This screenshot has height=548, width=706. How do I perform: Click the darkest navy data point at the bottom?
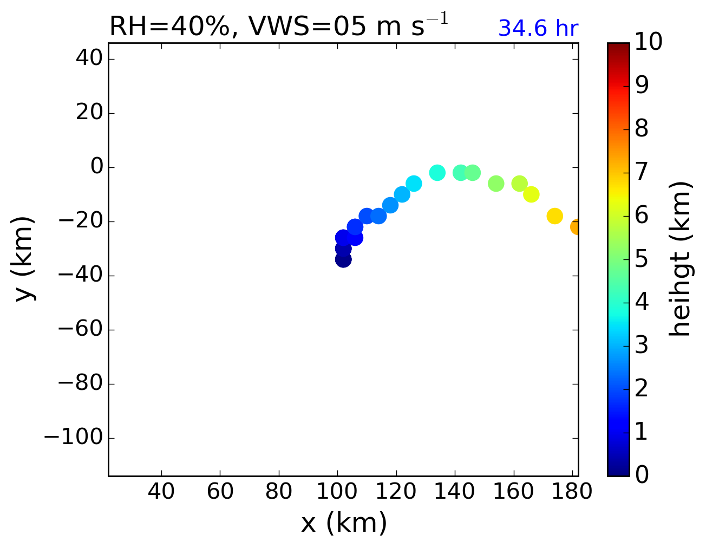point(343,259)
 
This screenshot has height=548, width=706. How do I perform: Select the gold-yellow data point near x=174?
point(554,216)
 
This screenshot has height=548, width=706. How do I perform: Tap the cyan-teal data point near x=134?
point(437,173)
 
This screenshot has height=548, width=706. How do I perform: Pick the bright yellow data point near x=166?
point(531,194)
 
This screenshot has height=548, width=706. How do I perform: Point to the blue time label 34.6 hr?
point(538,29)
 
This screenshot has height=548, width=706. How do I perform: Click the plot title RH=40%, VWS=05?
point(278,26)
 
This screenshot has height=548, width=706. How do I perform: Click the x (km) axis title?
point(344,523)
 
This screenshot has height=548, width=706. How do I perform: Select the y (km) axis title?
point(25,259)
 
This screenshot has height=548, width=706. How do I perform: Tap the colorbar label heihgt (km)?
point(680,259)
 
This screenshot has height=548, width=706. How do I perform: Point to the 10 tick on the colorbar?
point(648,42)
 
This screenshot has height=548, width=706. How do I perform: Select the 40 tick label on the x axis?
point(161,492)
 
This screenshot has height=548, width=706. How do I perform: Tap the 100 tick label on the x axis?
point(337,492)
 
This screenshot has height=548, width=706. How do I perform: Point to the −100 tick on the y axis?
point(73,438)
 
